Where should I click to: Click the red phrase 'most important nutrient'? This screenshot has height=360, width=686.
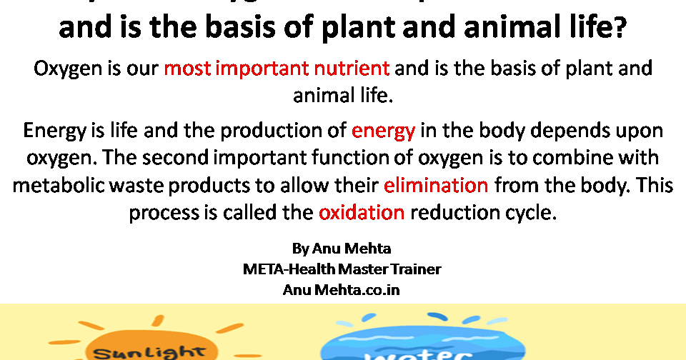coord(277,69)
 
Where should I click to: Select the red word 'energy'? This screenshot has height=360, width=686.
coord(383,131)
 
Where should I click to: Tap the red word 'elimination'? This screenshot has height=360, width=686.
coord(436,185)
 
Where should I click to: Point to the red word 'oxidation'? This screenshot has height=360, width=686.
coord(362,212)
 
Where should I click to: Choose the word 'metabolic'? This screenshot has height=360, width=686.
coord(58,185)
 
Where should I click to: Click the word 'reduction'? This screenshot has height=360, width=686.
coord(449,212)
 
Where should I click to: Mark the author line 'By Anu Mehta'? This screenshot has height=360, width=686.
coord(342,249)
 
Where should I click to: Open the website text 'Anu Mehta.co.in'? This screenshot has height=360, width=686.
coord(342,290)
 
